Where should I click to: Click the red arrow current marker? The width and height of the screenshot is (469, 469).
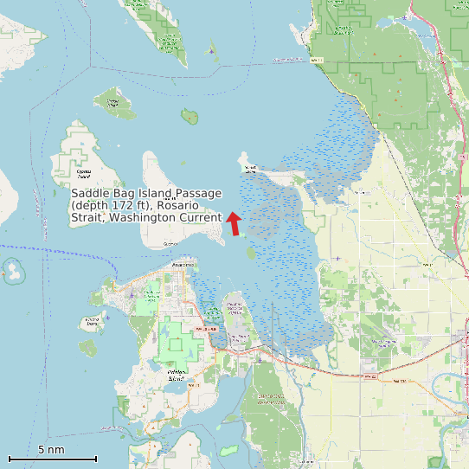tap(234, 223)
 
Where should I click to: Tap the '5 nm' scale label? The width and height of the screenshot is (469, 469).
tap(51, 450)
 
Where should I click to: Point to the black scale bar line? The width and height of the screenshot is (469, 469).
tap(52, 459)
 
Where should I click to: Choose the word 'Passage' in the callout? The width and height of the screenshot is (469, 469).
tap(199, 193)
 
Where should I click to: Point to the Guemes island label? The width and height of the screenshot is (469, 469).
tap(170, 245)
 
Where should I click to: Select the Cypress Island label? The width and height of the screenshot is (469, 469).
tap(83, 172)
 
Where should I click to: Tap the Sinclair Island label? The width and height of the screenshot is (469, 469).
tap(112, 102)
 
